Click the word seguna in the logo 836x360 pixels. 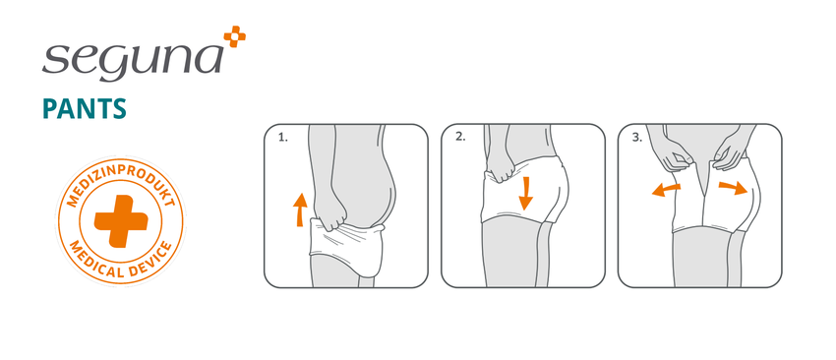[x=132, y=59]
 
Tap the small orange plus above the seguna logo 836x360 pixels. [x=235, y=36]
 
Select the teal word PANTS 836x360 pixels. [x=85, y=108]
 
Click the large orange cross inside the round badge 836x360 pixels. [x=121, y=220]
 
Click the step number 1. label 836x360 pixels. [x=282, y=138]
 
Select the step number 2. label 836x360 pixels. [x=460, y=137]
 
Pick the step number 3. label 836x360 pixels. [x=637, y=137]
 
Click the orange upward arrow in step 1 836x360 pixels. [x=300, y=210]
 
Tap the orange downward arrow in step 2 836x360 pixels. [x=526, y=194]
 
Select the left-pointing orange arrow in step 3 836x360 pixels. [x=667, y=189]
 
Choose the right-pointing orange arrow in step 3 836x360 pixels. [x=733, y=188]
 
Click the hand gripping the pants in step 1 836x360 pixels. [x=328, y=213]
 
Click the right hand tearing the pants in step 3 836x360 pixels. [x=732, y=154]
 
